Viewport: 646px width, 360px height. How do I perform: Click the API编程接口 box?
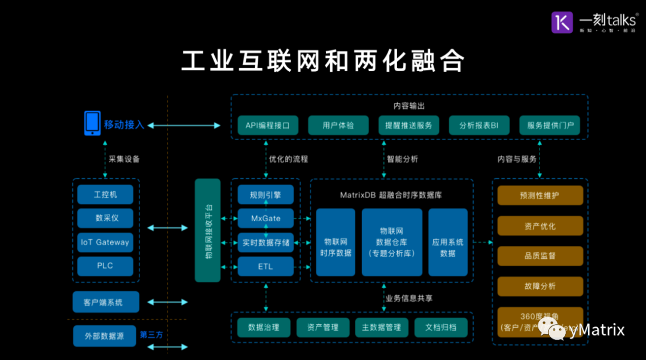point(267,126)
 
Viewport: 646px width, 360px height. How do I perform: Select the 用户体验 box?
point(338,126)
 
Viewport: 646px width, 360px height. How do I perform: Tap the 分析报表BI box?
point(479,126)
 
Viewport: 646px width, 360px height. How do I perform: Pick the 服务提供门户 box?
point(549,126)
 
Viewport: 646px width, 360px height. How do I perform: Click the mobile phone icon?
point(92,124)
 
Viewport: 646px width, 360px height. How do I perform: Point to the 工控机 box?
point(105,195)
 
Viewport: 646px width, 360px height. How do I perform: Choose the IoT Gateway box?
point(105,242)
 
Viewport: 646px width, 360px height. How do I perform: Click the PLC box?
point(105,266)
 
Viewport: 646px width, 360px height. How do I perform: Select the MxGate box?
point(266,218)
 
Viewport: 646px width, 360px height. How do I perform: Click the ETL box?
point(266,266)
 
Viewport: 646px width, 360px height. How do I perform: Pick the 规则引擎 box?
point(266,195)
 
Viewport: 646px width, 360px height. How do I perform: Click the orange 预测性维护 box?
point(540,196)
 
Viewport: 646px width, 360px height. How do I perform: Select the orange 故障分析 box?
point(540,286)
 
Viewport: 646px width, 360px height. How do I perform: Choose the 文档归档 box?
point(441,327)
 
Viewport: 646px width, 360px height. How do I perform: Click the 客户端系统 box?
point(106,302)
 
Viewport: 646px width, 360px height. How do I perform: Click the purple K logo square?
point(562,22)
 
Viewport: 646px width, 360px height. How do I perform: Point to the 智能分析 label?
point(403,159)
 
